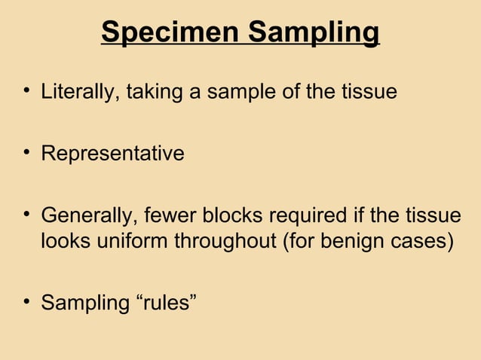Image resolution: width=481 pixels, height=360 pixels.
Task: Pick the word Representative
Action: click(x=112, y=154)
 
